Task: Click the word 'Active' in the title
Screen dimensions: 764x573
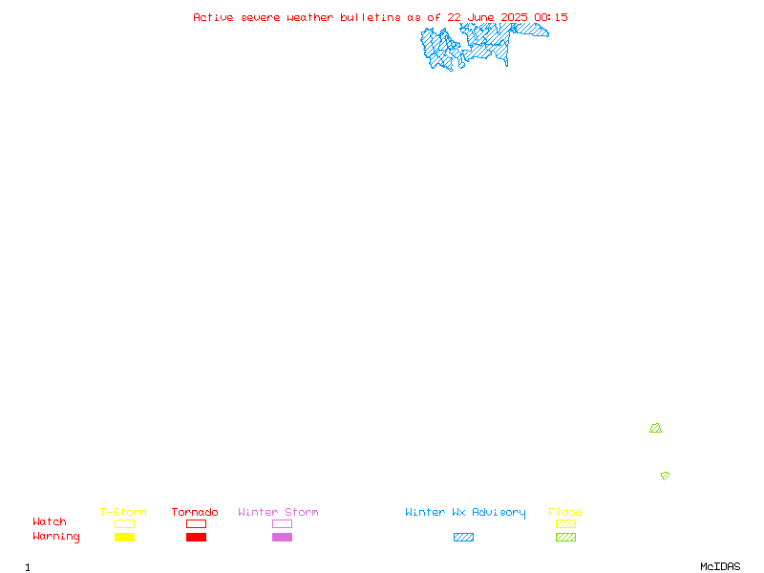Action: click(213, 17)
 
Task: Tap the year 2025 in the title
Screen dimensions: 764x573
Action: click(514, 17)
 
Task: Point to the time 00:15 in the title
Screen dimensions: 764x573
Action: click(551, 17)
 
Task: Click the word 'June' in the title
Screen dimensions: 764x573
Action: click(481, 17)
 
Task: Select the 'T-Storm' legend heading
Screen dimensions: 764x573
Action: click(123, 512)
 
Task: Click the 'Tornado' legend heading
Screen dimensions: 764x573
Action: click(195, 512)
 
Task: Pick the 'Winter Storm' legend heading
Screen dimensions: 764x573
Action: click(278, 512)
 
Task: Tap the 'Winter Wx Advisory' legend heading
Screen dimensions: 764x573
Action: click(465, 513)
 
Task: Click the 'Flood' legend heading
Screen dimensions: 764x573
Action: click(565, 512)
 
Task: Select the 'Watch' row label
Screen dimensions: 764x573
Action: click(50, 521)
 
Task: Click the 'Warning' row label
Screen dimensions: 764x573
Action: click(56, 537)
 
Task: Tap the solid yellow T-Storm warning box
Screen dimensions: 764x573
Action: click(125, 537)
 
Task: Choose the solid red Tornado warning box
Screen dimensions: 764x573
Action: click(197, 537)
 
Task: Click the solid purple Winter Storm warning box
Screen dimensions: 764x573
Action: click(282, 537)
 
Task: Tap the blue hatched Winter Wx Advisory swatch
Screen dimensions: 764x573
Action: click(463, 537)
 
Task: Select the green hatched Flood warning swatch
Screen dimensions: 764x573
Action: click(565, 537)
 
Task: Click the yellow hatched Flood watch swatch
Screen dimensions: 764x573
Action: click(565, 523)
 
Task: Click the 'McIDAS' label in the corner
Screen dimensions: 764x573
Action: click(720, 566)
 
